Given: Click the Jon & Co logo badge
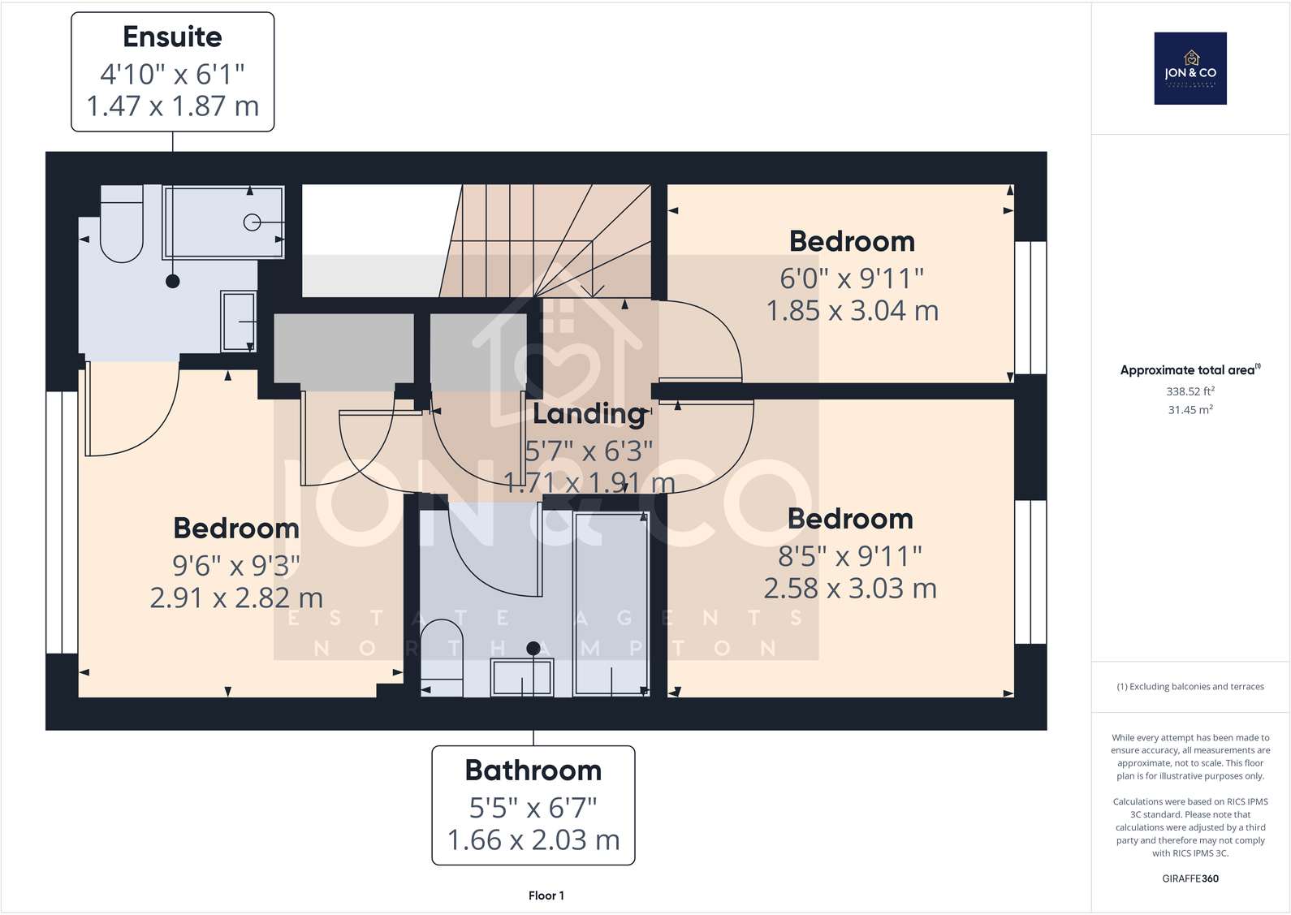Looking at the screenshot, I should pyautogui.click(x=1190, y=68).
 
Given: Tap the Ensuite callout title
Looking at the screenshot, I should pyautogui.click(x=172, y=37).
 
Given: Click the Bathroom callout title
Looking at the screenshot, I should pyautogui.click(x=533, y=770).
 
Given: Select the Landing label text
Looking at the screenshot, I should pyautogui.click(x=589, y=414).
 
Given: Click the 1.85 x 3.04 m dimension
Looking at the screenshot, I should pyautogui.click(x=852, y=311).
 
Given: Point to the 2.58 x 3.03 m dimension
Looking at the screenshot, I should pyautogui.click(x=849, y=589).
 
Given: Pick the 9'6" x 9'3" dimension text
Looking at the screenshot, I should pyautogui.click(x=235, y=565).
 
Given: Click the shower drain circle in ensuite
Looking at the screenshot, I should pyautogui.click(x=252, y=222).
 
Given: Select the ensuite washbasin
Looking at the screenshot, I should pyautogui.click(x=238, y=322).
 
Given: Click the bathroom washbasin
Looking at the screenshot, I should pyautogui.click(x=522, y=677).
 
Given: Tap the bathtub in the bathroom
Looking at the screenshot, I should pyautogui.click(x=611, y=605).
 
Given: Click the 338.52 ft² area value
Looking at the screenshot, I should pyautogui.click(x=1190, y=391).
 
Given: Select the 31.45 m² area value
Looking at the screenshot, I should pyautogui.click(x=1190, y=410).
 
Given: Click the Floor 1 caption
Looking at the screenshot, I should pyautogui.click(x=546, y=896).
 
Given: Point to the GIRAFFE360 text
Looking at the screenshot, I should pyautogui.click(x=1190, y=878).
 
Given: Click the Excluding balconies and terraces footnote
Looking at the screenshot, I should pyautogui.click(x=1190, y=687).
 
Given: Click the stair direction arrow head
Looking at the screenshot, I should pyautogui.click(x=593, y=291).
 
